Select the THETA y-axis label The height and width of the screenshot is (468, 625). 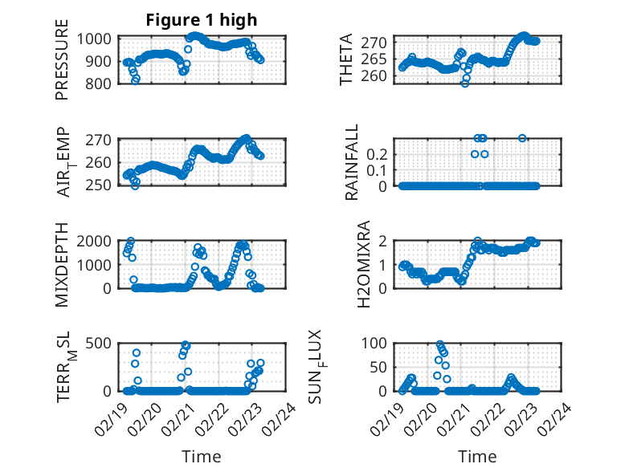point(346,59)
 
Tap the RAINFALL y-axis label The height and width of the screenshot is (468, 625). point(352,163)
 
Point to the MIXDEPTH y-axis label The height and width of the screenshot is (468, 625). point(62,265)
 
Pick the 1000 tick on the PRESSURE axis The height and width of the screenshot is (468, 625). point(100,39)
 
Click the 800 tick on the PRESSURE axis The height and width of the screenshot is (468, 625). point(103,83)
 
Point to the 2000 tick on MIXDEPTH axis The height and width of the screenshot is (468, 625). point(100,241)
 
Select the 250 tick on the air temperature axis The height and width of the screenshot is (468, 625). point(103,185)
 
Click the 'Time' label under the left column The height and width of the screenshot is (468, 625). point(201,456)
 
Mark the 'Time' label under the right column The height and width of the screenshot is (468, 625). point(478,456)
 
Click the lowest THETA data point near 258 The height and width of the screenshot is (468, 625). point(465,83)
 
